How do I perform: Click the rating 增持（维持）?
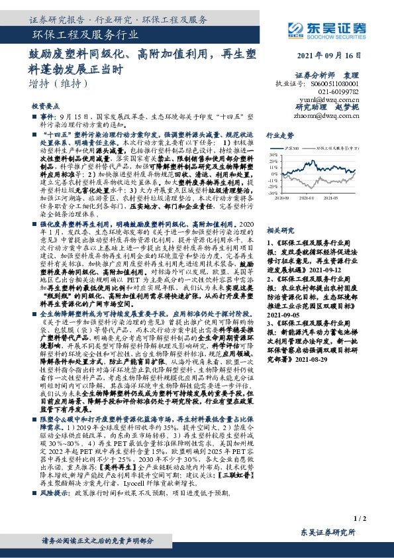coord(59,84)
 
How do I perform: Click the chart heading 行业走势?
coord(279,134)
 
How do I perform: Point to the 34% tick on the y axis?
coord(273,154)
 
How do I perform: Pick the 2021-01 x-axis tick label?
coord(311,197)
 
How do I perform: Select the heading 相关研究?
coord(279,230)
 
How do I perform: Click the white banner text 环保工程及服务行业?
coord(85,36)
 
